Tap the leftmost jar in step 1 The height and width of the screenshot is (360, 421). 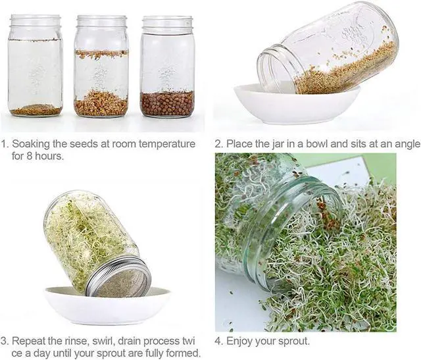[36, 65]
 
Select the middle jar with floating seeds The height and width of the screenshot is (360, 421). [101, 66]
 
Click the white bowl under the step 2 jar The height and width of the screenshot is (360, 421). [297, 104]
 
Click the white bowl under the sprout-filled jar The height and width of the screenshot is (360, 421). [107, 305]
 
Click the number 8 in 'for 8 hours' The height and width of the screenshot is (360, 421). [30, 156]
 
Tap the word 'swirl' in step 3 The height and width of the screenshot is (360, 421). [103, 341]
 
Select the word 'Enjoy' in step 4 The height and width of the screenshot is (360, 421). [239, 342]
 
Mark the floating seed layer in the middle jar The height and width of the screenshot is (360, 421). [101, 54]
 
